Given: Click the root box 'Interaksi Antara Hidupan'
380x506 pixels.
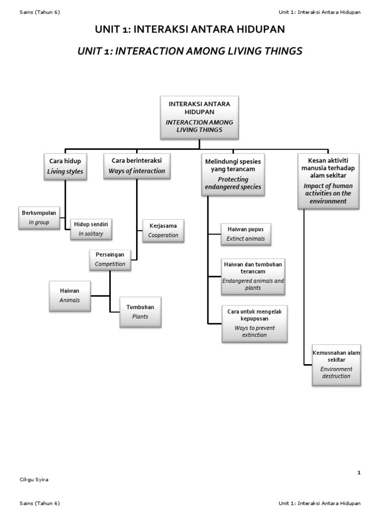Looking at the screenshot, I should tap(199, 117).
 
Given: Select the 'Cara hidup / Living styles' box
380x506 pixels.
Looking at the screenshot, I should tap(65, 167).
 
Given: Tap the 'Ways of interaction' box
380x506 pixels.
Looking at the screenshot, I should tap(137, 166).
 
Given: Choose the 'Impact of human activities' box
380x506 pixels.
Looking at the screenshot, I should tap(328, 181).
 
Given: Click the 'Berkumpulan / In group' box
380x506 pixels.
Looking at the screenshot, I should tap(39, 217).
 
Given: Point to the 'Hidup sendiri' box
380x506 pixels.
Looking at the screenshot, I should tap(91, 229).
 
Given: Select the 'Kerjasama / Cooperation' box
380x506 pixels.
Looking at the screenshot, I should tap(163, 230).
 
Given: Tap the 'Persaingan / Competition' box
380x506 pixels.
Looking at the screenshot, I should tap(110, 259).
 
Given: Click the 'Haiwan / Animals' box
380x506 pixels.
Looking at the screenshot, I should tap(70, 295).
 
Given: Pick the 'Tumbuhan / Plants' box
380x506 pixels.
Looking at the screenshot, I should tap(141, 312).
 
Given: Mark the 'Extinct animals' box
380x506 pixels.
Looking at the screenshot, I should tap(246, 234).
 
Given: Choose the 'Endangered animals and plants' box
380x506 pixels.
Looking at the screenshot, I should tap(253, 276).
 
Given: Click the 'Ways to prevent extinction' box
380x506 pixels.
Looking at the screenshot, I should tap(254, 324).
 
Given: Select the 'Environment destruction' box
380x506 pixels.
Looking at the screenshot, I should tap(336, 365).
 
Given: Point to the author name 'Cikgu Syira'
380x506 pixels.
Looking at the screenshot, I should tap(34, 479).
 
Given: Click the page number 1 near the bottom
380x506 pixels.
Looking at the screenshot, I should tap(359, 473).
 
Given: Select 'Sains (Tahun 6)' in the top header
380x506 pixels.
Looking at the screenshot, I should tap(40, 12).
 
